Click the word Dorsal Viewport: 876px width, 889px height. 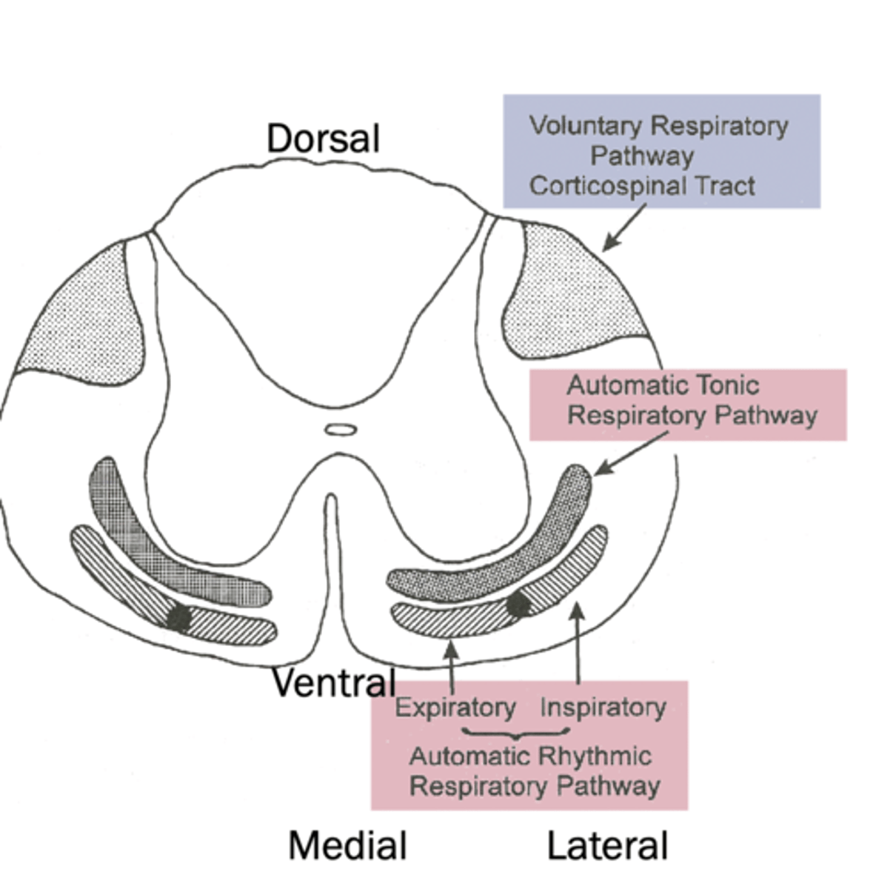click(x=323, y=139)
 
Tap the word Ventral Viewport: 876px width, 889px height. click(x=333, y=682)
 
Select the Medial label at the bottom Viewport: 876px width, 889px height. click(x=347, y=846)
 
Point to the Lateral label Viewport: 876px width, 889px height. click(x=607, y=846)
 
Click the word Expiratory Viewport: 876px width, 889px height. click(x=455, y=707)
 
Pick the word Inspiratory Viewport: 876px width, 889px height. click(x=603, y=707)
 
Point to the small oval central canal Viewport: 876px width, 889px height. click(x=341, y=429)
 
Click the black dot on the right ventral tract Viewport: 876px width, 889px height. click(x=519, y=605)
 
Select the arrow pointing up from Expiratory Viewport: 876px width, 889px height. click(x=451, y=667)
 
